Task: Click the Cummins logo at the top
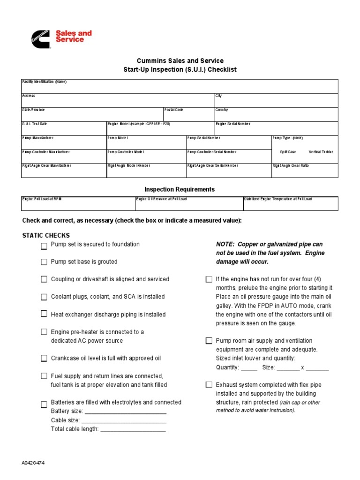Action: (40, 37)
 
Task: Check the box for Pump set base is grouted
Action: (44, 262)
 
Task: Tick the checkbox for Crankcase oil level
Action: (44, 359)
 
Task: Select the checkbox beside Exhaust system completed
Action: (209, 385)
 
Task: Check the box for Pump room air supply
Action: (209, 341)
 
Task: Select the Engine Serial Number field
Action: (276, 129)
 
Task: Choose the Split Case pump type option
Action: (288, 152)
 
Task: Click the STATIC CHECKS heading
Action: (46, 235)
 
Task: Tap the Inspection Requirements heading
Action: (180, 189)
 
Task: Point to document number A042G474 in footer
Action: (33, 463)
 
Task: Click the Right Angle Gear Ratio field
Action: (305, 172)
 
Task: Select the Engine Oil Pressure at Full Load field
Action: (188, 205)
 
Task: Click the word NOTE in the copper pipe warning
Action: (225, 245)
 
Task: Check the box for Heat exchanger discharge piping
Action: (44, 314)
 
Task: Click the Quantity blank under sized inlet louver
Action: (249, 367)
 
